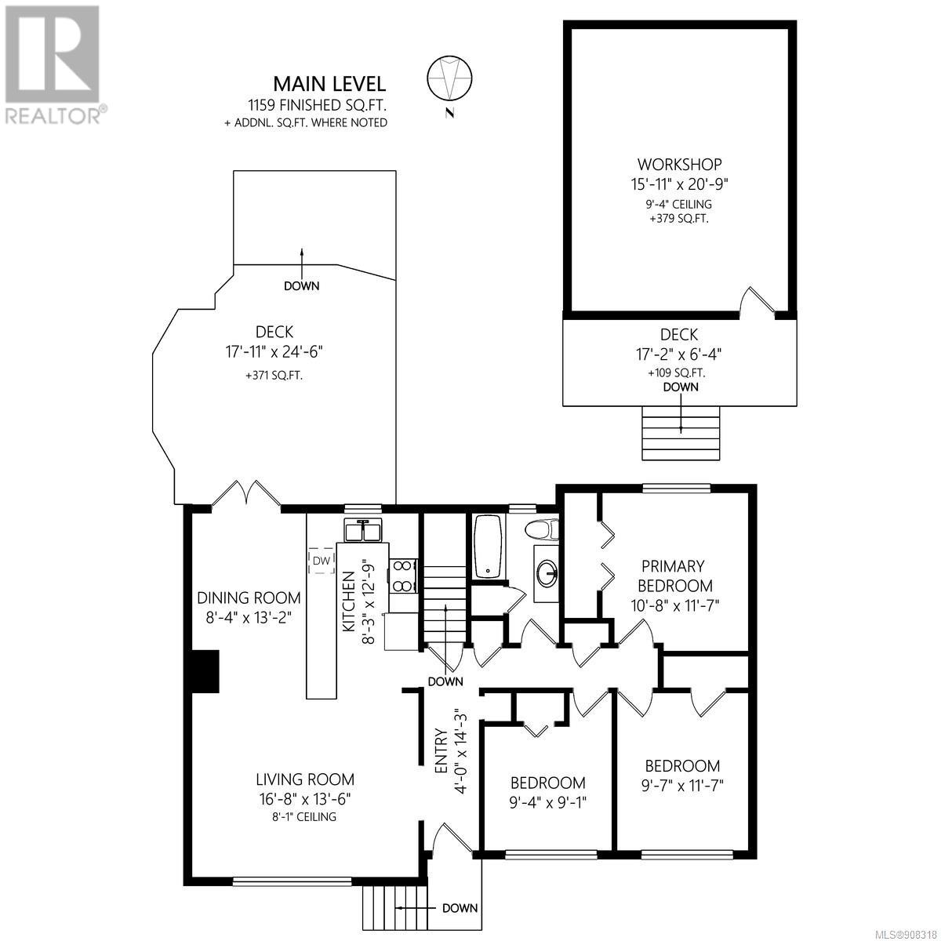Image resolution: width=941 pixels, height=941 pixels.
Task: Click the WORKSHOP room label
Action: [x=679, y=164]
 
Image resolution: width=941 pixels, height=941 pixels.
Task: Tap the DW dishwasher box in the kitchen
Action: [x=322, y=561]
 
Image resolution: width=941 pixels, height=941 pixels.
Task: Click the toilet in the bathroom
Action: [x=542, y=529]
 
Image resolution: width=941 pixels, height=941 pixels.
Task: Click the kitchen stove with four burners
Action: [x=403, y=576]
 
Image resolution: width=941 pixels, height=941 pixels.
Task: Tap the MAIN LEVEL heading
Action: [x=329, y=84]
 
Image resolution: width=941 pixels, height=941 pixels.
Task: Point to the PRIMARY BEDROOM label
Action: [x=675, y=576]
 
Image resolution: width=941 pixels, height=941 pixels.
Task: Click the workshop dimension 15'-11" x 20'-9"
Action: [x=679, y=184]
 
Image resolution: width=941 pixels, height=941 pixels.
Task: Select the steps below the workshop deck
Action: [x=681, y=433]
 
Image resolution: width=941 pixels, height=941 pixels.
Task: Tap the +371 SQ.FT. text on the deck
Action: [x=274, y=376]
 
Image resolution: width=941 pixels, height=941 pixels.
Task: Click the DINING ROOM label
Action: [x=249, y=598]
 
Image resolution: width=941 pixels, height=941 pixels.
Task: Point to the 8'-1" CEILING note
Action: [x=304, y=827]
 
